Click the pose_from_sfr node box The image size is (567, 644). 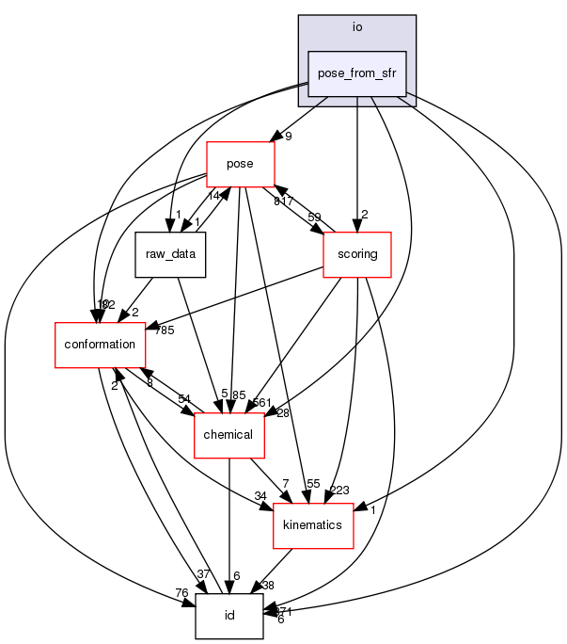(x=357, y=74)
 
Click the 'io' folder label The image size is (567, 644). (x=357, y=26)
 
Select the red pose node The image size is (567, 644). (x=240, y=164)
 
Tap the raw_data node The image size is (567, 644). (x=170, y=254)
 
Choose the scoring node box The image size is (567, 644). (x=356, y=254)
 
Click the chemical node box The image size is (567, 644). (x=228, y=434)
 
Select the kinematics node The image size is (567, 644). (x=312, y=524)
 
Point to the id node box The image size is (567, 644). (x=228, y=615)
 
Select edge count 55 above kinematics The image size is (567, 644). (x=313, y=483)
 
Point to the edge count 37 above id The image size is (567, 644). (x=202, y=573)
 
